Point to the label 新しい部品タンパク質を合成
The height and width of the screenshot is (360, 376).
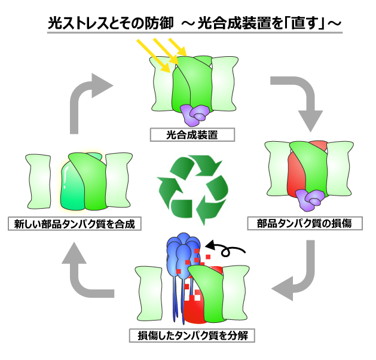(x=75, y=224)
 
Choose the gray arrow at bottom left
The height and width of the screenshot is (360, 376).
(x=84, y=275)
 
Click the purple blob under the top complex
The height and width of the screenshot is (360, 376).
(x=196, y=112)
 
